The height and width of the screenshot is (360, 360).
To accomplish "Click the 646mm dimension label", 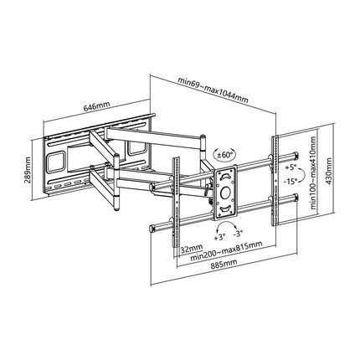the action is click(x=97, y=106).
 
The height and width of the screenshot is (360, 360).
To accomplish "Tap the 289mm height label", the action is click(x=28, y=173).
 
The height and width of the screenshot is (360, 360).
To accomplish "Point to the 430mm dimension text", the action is click(x=329, y=171).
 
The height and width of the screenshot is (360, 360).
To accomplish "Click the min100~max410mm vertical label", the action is click(x=314, y=172).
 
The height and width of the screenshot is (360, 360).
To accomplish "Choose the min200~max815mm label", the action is click(x=226, y=251).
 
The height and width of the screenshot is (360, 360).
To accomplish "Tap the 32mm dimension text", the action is click(x=192, y=248).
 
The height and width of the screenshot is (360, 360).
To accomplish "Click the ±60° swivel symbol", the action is click(x=224, y=154).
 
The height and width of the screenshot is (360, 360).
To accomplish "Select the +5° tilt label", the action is click(x=291, y=167).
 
